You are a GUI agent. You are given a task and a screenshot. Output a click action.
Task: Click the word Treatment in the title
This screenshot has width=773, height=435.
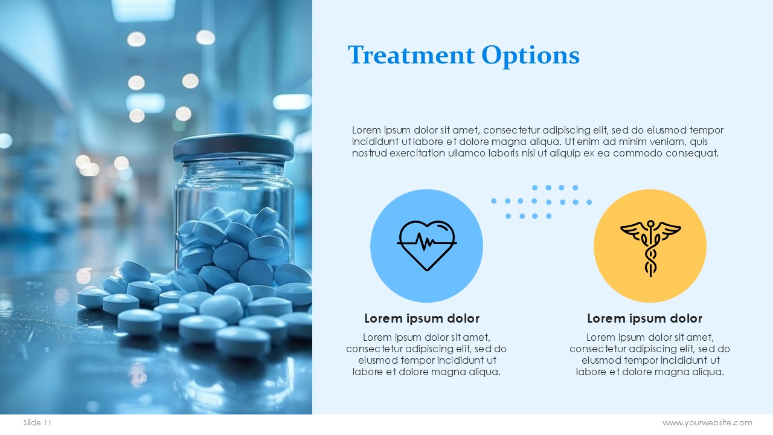[411, 54]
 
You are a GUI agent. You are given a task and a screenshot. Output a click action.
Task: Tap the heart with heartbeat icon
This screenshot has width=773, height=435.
[427, 245]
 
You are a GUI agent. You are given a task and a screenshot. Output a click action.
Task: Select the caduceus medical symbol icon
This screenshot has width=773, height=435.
[650, 248]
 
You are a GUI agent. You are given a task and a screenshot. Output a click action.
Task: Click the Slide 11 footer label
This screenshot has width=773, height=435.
[37, 422]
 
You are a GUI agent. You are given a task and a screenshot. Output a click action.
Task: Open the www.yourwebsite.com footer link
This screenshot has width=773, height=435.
[707, 423]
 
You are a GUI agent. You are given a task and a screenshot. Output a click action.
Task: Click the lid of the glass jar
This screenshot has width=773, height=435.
[234, 148]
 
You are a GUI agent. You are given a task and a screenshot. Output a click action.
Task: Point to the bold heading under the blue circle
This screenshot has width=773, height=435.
[422, 318]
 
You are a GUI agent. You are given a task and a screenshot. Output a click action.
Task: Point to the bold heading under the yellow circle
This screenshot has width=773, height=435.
[644, 318]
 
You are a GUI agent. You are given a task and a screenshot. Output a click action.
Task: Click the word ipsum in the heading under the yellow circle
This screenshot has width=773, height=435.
[645, 319]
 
